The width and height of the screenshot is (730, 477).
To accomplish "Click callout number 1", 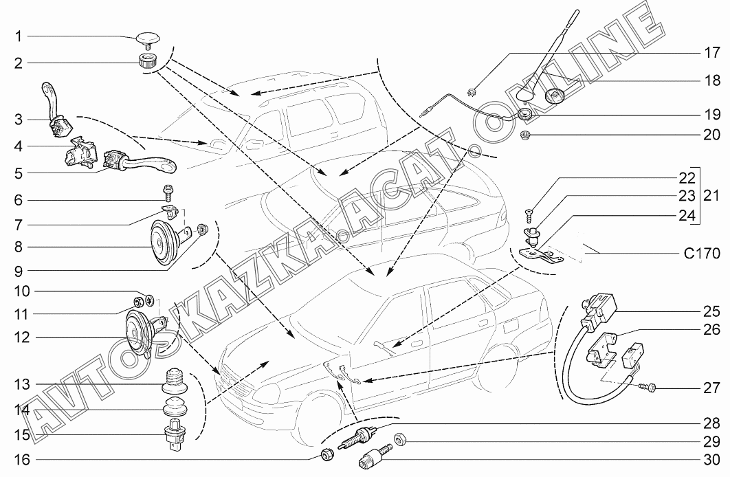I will pos(19,36).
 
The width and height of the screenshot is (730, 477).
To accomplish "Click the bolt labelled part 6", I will pos(167,194).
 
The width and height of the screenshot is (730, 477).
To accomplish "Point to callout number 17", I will pos(710,52).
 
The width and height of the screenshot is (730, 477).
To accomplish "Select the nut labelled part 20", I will pos(526,134).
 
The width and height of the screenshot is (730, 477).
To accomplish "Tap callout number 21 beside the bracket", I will pos(710,195).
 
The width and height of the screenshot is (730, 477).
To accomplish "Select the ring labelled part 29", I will pos(399,438).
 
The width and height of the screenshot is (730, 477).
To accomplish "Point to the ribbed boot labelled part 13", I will pos(176,379).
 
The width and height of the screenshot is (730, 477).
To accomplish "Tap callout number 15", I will pos(19,434).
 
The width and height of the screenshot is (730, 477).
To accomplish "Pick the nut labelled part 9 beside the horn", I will pos(202,229).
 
